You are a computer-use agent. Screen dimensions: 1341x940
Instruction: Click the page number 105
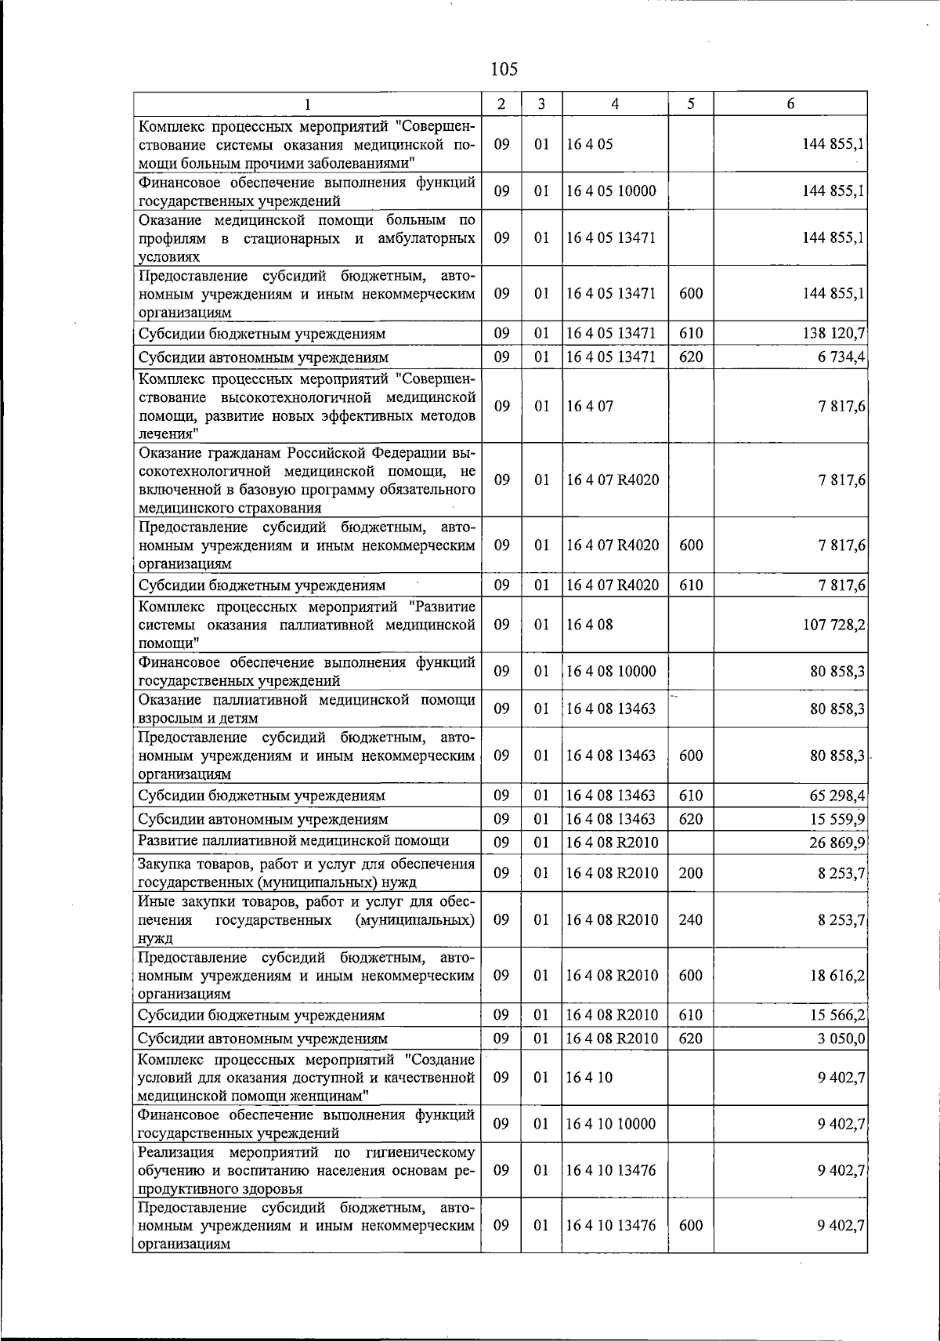tap(504, 69)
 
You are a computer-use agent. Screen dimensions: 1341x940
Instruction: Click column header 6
tap(790, 103)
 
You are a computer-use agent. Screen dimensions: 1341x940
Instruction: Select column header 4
tap(615, 103)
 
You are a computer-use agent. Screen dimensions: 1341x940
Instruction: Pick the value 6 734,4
tap(839, 357)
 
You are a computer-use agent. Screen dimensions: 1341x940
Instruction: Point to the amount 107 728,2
tap(833, 625)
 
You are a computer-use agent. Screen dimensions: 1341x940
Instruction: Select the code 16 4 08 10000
tap(611, 671)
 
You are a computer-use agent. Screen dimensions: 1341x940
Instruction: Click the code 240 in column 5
tap(690, 919)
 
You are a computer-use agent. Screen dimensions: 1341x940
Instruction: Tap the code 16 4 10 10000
tap(611, 1124)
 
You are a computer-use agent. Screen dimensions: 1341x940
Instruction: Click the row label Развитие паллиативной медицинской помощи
tap(293, 841)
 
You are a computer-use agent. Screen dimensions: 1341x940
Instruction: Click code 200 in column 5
tap(690, 873)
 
